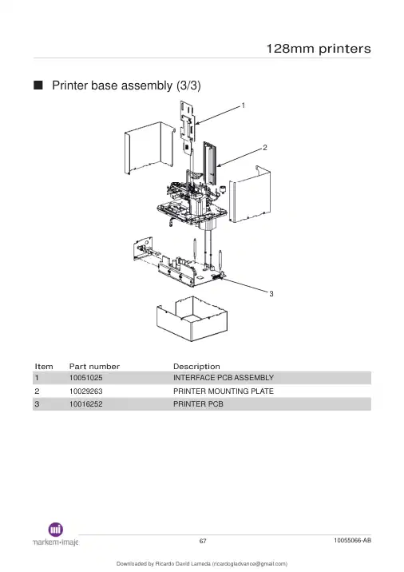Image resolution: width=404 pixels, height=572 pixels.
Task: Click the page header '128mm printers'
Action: [319, 49]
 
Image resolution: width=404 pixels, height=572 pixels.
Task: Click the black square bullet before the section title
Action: [38, 85]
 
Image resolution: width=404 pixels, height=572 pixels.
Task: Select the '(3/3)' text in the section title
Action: [188, 85]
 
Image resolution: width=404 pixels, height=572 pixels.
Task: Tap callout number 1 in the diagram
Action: [244, 105]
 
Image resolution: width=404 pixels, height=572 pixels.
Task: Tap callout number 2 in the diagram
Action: [265, 147]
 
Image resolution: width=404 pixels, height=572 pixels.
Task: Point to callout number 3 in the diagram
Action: [271, 294]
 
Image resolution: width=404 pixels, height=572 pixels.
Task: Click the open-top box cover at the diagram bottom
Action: [192, 319]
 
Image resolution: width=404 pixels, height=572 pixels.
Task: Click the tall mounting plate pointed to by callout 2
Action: [210, 164]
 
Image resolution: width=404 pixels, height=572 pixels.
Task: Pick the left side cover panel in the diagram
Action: [149, 148]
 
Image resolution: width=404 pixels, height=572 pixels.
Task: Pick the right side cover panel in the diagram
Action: [250, 194]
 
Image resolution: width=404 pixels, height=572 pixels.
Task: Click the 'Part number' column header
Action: [94, 366]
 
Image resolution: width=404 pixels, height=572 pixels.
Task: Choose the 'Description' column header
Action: [196, 366]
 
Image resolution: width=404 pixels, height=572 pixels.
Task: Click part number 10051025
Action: [86, 378]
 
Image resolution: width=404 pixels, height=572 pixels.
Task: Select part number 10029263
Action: [86, 391]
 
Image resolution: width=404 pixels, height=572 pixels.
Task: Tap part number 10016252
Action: [86, 404]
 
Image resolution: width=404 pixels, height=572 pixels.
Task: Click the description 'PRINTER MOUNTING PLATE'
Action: [223, 391]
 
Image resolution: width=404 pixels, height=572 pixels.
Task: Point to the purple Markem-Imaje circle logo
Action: [56, 530]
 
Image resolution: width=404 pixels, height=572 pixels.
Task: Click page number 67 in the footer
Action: [203, 541]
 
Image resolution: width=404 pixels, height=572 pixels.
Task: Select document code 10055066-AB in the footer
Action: [353, 540]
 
